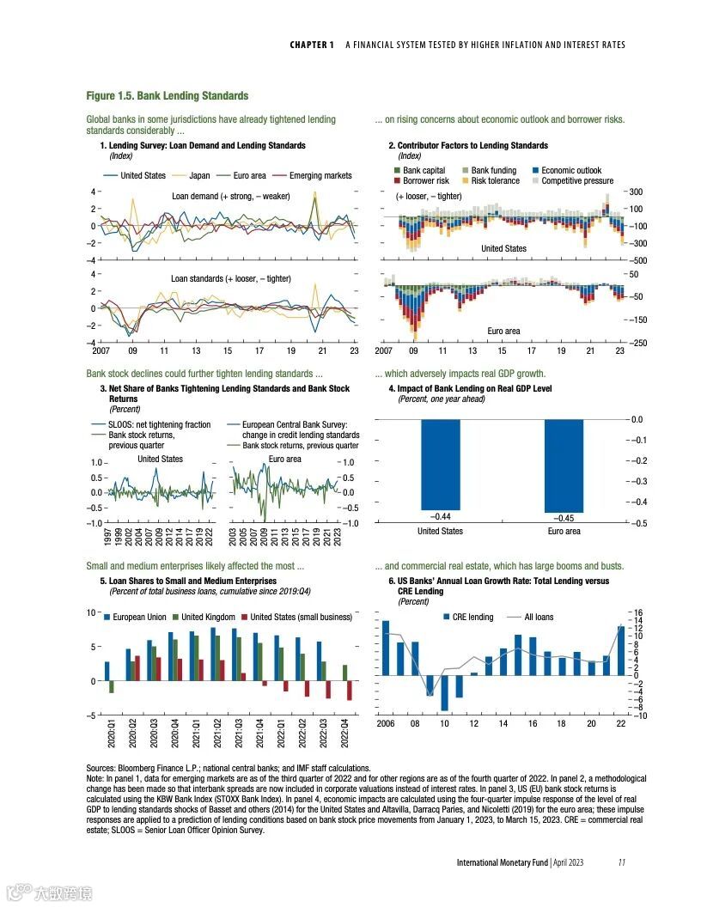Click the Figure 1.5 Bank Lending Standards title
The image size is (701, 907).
[168, 95]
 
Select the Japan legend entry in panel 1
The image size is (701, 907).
[198, 175]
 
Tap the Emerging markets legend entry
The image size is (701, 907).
[320, 175]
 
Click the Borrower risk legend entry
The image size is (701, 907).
[425, 181]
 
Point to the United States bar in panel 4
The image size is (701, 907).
[440, 465]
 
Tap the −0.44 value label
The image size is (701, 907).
[440, 517]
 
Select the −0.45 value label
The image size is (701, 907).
[564, 518]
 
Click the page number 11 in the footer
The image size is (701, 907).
[622, 862]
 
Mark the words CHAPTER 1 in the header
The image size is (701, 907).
[312, 45]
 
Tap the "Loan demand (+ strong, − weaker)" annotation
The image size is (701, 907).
[230, 196]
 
